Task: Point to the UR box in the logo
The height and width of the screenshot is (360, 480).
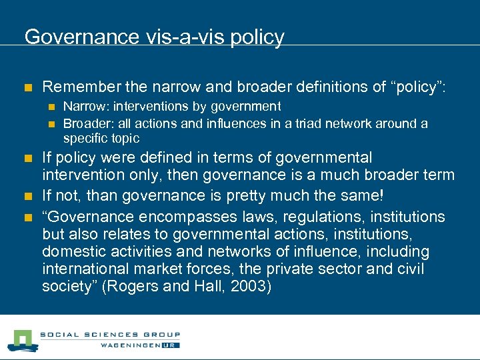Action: pos(171,346)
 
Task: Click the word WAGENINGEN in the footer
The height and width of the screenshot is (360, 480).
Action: pos(131,346)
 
